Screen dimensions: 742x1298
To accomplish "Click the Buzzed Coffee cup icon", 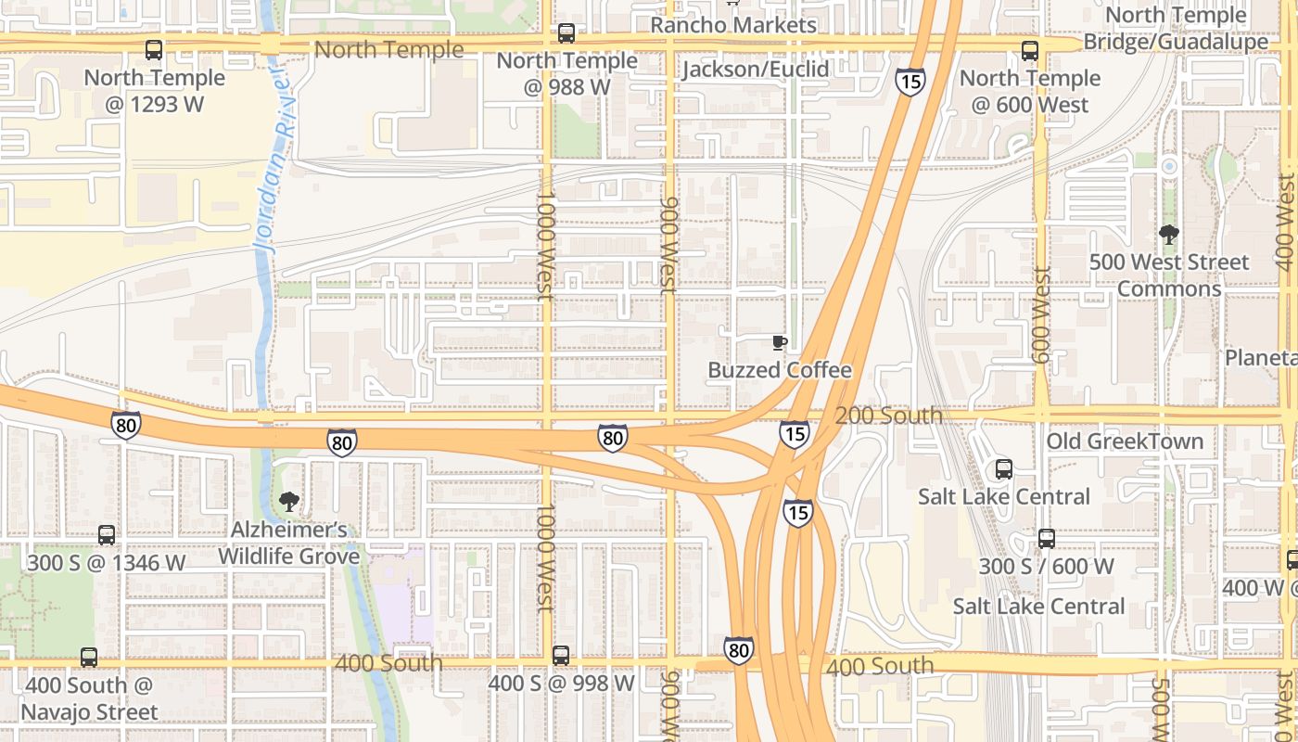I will click(x=780, y=343).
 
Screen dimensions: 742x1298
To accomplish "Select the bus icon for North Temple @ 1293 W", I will click(x=154, y=50).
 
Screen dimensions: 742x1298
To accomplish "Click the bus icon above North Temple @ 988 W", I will click(x=566, y=34).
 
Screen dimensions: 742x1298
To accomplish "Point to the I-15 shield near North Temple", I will click(x=910, y=82).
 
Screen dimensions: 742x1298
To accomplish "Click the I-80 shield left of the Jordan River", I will click(x=126, y=425).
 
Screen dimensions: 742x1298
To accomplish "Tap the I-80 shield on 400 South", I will click(x=739, y=650).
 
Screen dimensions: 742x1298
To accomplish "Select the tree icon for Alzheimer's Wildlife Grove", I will click(x=289, y=502).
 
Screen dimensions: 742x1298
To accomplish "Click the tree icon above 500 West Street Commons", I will click(x=1169, y=235).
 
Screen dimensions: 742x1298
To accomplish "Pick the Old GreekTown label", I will click(x=1125, y=441).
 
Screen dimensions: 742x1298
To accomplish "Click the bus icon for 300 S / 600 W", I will click(x=1047, y=539).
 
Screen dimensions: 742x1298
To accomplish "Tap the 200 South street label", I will click(x=888, y=416).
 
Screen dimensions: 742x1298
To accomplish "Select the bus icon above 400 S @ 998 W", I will click(x=561, y=656).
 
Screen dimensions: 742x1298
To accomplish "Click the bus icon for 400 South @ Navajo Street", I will click(x=89, y=658).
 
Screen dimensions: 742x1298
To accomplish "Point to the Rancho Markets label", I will click(x=732, y=25).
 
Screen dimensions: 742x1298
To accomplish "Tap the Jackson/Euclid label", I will click(x=756, y=69).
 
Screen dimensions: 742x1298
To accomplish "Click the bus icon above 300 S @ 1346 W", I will click(x=107, y=535).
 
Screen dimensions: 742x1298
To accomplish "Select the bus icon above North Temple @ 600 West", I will click(x=1030, y=51).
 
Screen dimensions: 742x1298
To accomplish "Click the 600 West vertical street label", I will click(x=1042, y=315).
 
